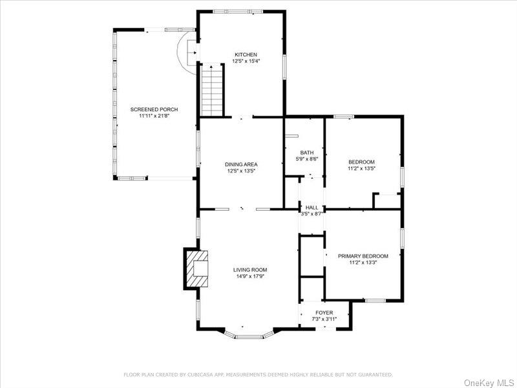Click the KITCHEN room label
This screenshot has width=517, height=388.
(246, 54)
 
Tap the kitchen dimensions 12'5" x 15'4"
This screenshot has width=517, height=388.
(246, 61)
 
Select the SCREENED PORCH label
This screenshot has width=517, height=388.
(154, 109)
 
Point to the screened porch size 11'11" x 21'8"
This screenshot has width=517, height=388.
(154, 116)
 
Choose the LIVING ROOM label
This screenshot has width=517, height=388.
(250, 270)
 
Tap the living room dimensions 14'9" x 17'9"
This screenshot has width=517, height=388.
(250, 277)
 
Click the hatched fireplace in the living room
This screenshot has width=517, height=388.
(197, 268)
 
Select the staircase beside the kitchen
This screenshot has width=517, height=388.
(212, 91)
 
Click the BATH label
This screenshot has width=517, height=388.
(306, 152)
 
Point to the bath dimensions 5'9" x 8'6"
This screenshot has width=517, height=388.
(306, 159)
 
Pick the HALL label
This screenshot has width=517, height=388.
(311, 207)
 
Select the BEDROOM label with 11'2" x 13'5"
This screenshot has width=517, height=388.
(361, 162)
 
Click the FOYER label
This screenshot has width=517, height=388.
(324, 312)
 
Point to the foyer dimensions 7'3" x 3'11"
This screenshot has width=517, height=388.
(324, 319)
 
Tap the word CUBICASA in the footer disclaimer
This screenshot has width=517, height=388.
(201, 374)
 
